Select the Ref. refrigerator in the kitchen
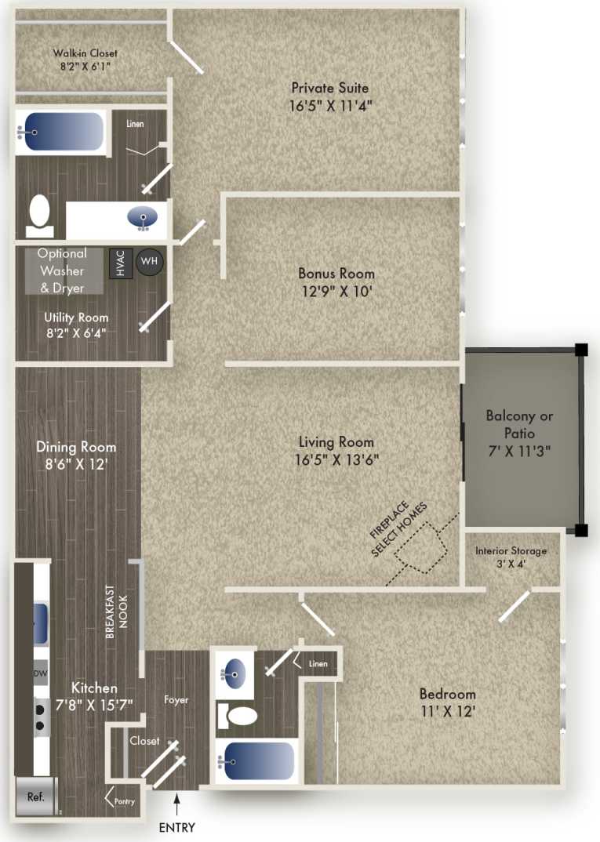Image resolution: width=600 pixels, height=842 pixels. point(35,797)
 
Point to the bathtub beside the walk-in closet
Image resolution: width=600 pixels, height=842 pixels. point(61,132)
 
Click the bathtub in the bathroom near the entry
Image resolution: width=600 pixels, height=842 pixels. point(256,759)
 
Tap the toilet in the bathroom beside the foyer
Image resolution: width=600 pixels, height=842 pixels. point(238,715)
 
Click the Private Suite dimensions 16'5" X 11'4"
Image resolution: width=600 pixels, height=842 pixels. point(329,106)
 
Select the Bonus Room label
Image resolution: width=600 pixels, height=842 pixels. point(336,274)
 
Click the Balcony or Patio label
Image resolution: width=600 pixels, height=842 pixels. point(519,424)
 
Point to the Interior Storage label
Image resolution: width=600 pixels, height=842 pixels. point(511,550)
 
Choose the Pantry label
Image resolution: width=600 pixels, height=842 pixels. point(124,801)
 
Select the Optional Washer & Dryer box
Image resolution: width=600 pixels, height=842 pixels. point(62,270)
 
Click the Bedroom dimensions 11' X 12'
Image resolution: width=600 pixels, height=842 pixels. point(447,713)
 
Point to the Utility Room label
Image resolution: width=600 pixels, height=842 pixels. point(76,318)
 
